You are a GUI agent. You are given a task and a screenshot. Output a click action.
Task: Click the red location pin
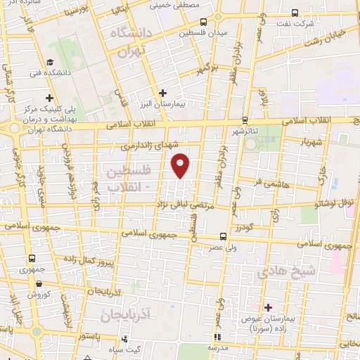[181, 165]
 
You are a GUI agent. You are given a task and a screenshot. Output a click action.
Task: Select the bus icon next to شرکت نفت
[295, 13]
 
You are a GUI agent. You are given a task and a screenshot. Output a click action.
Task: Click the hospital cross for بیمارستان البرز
[162, 92]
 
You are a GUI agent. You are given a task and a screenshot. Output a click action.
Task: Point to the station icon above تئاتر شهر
[245, 120]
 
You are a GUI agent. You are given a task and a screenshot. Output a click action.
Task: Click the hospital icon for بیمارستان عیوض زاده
[268, 307]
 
